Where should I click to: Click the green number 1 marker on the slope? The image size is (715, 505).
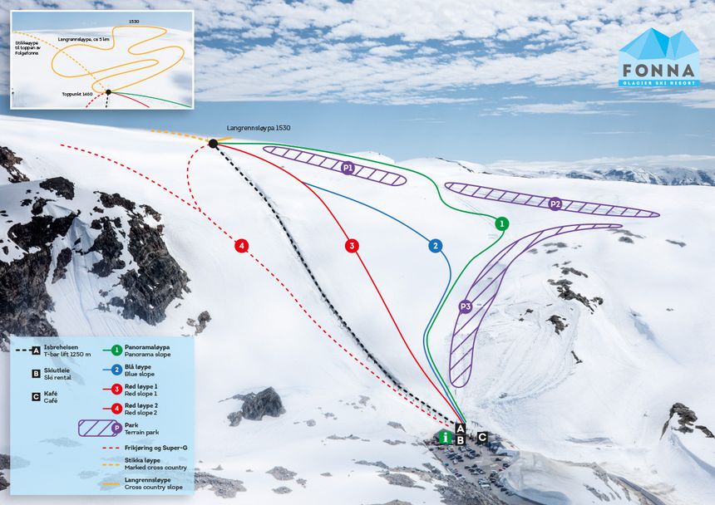click(x=501, y=223)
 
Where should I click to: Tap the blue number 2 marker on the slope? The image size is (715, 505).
click(x=435, y=246)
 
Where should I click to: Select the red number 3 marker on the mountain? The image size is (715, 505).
click(x=352, y=245)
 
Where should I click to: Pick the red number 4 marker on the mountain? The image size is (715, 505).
click(x=241, y=245)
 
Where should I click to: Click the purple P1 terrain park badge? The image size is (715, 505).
click(x=348, y=168)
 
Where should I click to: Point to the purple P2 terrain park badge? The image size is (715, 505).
click(x=555, y=203)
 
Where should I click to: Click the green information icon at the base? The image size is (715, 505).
click(x=446, y=436)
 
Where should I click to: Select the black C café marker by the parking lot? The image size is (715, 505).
click(x=482, y=436)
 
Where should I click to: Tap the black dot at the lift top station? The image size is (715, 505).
click(x=213, y=144)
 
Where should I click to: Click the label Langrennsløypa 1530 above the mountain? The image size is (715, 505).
click(x=258, y=128)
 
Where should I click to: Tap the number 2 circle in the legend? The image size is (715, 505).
click(x=117, y=368)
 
